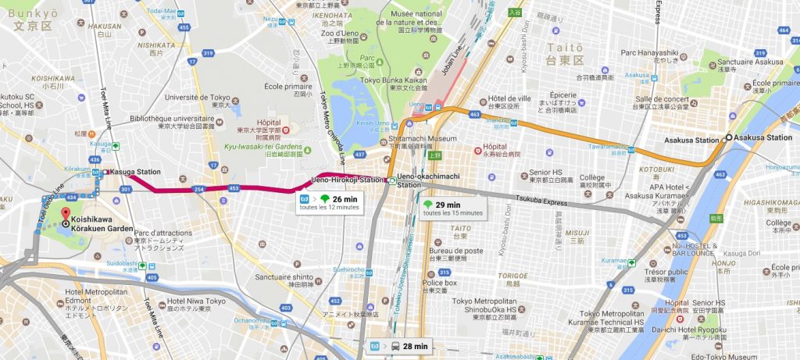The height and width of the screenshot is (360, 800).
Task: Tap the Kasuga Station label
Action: [135, 172]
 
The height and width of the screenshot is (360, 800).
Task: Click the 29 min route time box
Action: [451, 208]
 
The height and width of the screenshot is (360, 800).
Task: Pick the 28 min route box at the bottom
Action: [398, 346]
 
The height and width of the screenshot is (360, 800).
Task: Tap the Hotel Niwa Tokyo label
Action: [195, 301]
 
